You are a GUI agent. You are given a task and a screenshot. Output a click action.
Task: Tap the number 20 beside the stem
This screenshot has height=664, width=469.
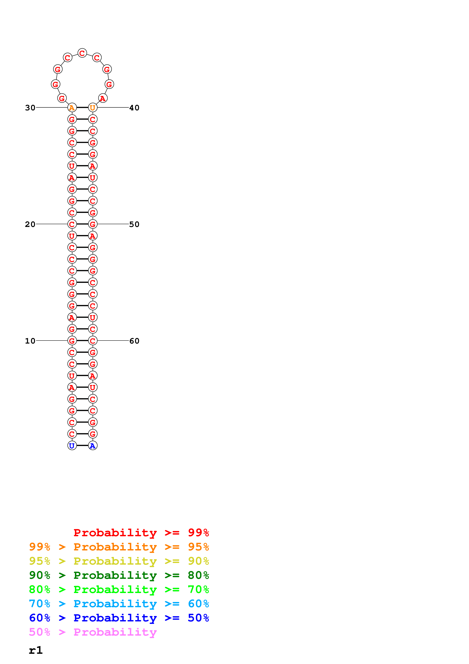30,224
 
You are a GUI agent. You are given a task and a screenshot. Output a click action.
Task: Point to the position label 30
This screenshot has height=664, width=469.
30,108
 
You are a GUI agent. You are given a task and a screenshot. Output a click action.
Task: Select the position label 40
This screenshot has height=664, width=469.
134,108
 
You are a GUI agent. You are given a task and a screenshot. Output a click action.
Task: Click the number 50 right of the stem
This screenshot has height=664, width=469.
134,224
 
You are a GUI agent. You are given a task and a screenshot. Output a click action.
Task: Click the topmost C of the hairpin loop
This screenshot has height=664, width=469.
82,53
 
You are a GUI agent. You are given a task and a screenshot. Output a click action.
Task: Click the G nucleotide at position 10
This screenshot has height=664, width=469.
72,341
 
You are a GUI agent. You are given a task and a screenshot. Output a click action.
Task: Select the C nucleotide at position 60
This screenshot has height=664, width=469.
93,341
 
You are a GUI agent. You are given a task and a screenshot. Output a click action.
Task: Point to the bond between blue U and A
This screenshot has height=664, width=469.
82,446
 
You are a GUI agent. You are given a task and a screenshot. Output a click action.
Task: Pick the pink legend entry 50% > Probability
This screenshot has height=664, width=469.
93,632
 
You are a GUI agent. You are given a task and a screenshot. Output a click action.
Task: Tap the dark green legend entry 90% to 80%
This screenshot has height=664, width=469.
119,575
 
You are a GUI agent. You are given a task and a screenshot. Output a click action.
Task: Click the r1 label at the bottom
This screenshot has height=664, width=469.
36,650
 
